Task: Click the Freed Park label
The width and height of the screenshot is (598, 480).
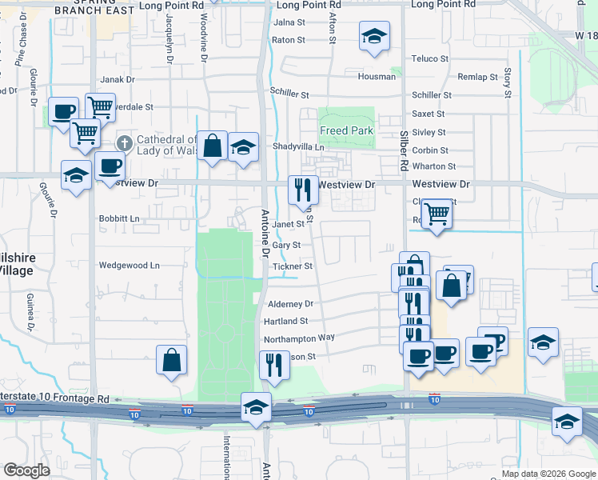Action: (x=346, y=130)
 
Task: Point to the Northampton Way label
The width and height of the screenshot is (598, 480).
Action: (x=299, y=338)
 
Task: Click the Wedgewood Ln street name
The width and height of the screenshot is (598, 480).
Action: (x=129, y=266)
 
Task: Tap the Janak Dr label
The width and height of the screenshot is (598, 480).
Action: (x=117, y=80)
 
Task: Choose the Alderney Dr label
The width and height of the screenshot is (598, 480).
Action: (x=290, y=304)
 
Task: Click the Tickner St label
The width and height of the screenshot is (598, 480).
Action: (x=292, y=266)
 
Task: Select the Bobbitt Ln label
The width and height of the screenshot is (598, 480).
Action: (x=118, y=218)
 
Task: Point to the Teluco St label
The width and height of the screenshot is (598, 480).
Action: (x=431, y=58)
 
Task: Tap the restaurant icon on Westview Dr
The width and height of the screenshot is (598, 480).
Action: (x=302, y=190)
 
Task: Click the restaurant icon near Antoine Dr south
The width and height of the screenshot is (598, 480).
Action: (x=274, y=365)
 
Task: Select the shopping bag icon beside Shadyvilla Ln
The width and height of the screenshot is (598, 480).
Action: (x=212, y=146)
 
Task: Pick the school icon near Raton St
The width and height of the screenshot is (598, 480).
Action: (x=373, y=36)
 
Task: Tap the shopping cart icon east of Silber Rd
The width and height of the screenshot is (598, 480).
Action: (x=436, y=214)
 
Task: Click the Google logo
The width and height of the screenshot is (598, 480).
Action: (x=27, y=470)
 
